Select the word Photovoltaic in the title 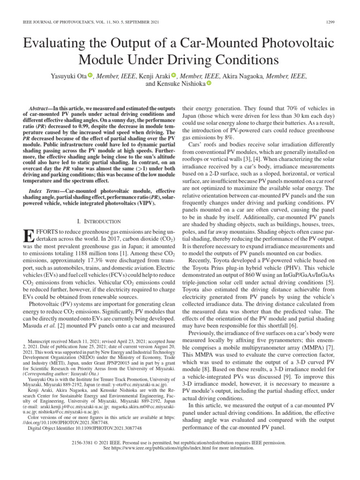pos(297,43)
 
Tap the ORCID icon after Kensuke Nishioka pos(209,83)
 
